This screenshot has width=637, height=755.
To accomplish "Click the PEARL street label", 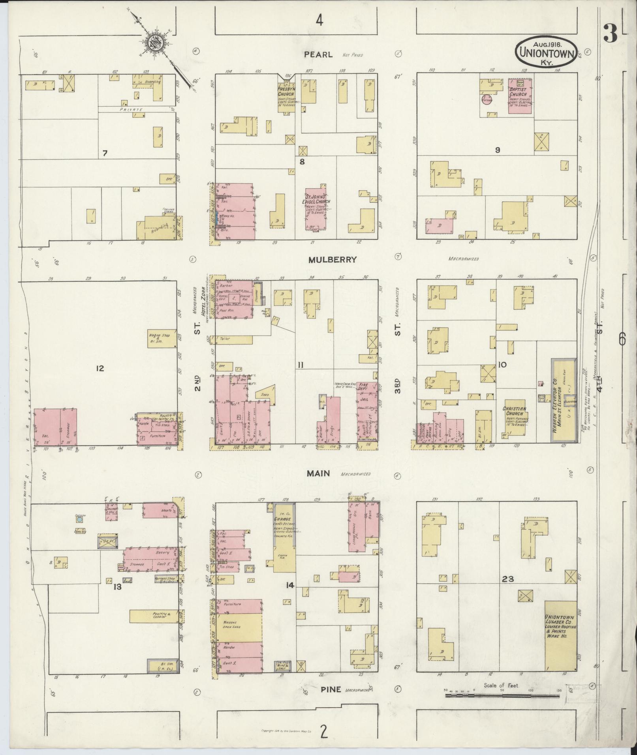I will [319, 54].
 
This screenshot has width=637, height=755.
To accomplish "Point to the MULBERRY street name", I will [333, 260].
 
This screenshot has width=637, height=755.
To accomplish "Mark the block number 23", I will [507, 579].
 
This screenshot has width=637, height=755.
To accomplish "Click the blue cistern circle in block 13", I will [80, 520].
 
